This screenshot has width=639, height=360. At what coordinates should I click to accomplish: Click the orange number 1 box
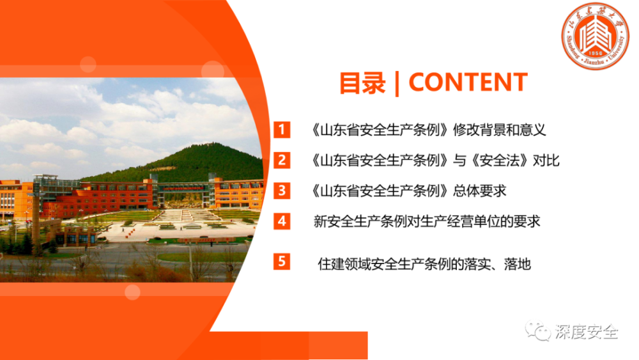(x=282, y=130)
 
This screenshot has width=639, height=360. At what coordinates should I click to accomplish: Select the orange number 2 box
(x=282, y=160)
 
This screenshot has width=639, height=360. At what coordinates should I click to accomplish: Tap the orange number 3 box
(x=282, y=191)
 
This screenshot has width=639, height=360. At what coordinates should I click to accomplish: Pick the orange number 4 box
(x=282, y=221)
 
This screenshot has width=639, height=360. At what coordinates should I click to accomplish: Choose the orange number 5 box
(x=282, y=262)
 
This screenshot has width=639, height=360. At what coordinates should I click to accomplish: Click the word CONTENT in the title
(x=468, y=82)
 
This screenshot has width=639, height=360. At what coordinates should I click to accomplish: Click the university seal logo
(x=596, y=36)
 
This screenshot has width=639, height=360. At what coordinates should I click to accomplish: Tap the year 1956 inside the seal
(x=596, y=54)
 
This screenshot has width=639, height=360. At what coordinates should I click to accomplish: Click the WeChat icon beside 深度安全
(x=537, y=331)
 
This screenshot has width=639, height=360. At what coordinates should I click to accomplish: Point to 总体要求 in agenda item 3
(x=480, y=191)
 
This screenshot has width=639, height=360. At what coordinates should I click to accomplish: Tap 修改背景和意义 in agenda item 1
(x=499, y=130)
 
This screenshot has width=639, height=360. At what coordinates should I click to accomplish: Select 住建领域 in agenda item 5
(x=344, y=264)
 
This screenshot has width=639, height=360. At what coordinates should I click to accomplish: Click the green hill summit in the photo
(x=210, y=144)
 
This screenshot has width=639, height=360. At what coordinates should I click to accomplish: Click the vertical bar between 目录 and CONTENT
(x=397, y=84)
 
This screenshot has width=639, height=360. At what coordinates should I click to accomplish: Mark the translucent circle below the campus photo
(x=132, y=292)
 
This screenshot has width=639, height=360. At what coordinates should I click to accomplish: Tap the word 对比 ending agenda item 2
(x=546, y=160)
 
